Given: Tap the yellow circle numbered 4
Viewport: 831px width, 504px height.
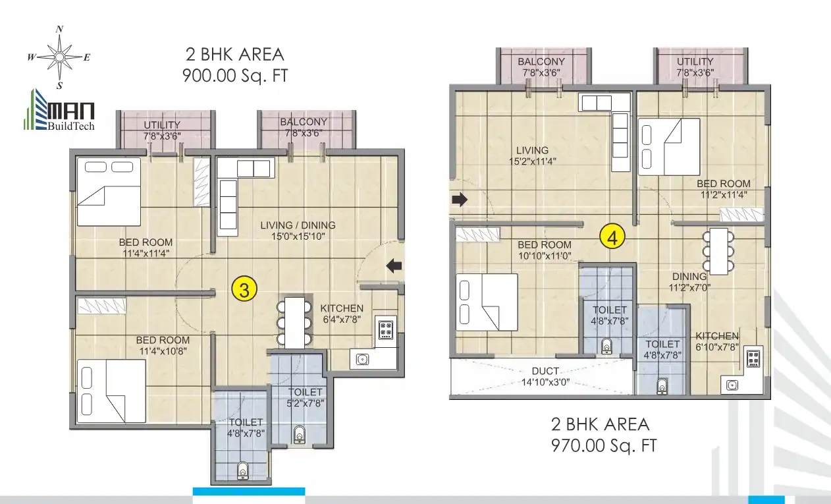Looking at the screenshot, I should tap(612, 237).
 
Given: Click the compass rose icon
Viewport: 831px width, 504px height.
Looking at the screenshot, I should tap(59, 57).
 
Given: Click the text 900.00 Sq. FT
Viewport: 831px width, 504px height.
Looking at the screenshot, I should tap(235, 76).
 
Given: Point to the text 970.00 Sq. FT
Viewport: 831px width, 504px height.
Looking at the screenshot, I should tap(603, 445).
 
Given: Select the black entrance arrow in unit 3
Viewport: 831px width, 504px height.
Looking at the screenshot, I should tap(393, 266).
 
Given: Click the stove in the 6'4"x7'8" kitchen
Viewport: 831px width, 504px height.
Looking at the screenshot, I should tap(385, 328).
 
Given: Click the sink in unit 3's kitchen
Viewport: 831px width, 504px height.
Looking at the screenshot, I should tap(362, 359).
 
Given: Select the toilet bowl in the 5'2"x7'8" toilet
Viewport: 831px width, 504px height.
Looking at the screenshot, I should tap(300, 434).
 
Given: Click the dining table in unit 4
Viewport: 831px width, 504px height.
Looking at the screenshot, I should tap(717, 250).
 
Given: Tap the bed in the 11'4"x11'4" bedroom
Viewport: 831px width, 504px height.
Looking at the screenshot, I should tap(109, 192).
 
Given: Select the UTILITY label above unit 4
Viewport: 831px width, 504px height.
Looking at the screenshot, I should tap(695, 67).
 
